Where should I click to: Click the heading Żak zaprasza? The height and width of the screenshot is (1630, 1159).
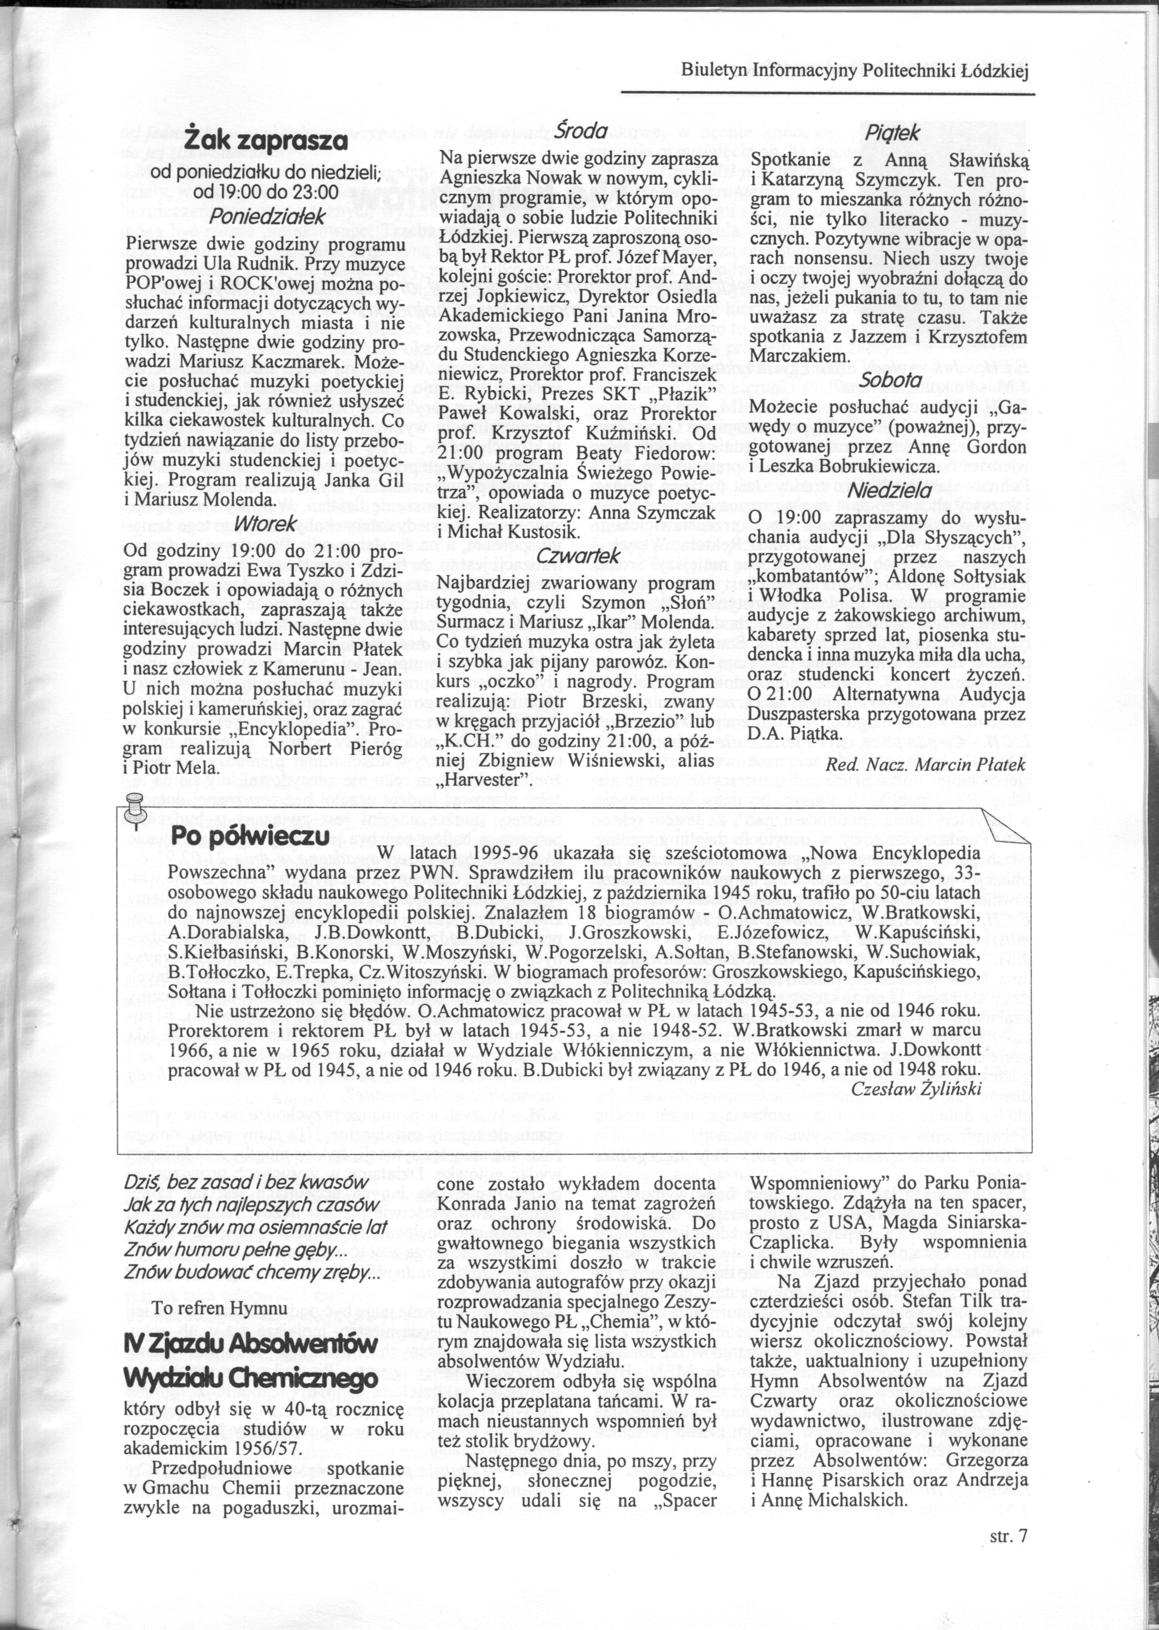tap(266, 140)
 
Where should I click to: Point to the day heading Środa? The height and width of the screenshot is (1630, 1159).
tap(581, 131)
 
